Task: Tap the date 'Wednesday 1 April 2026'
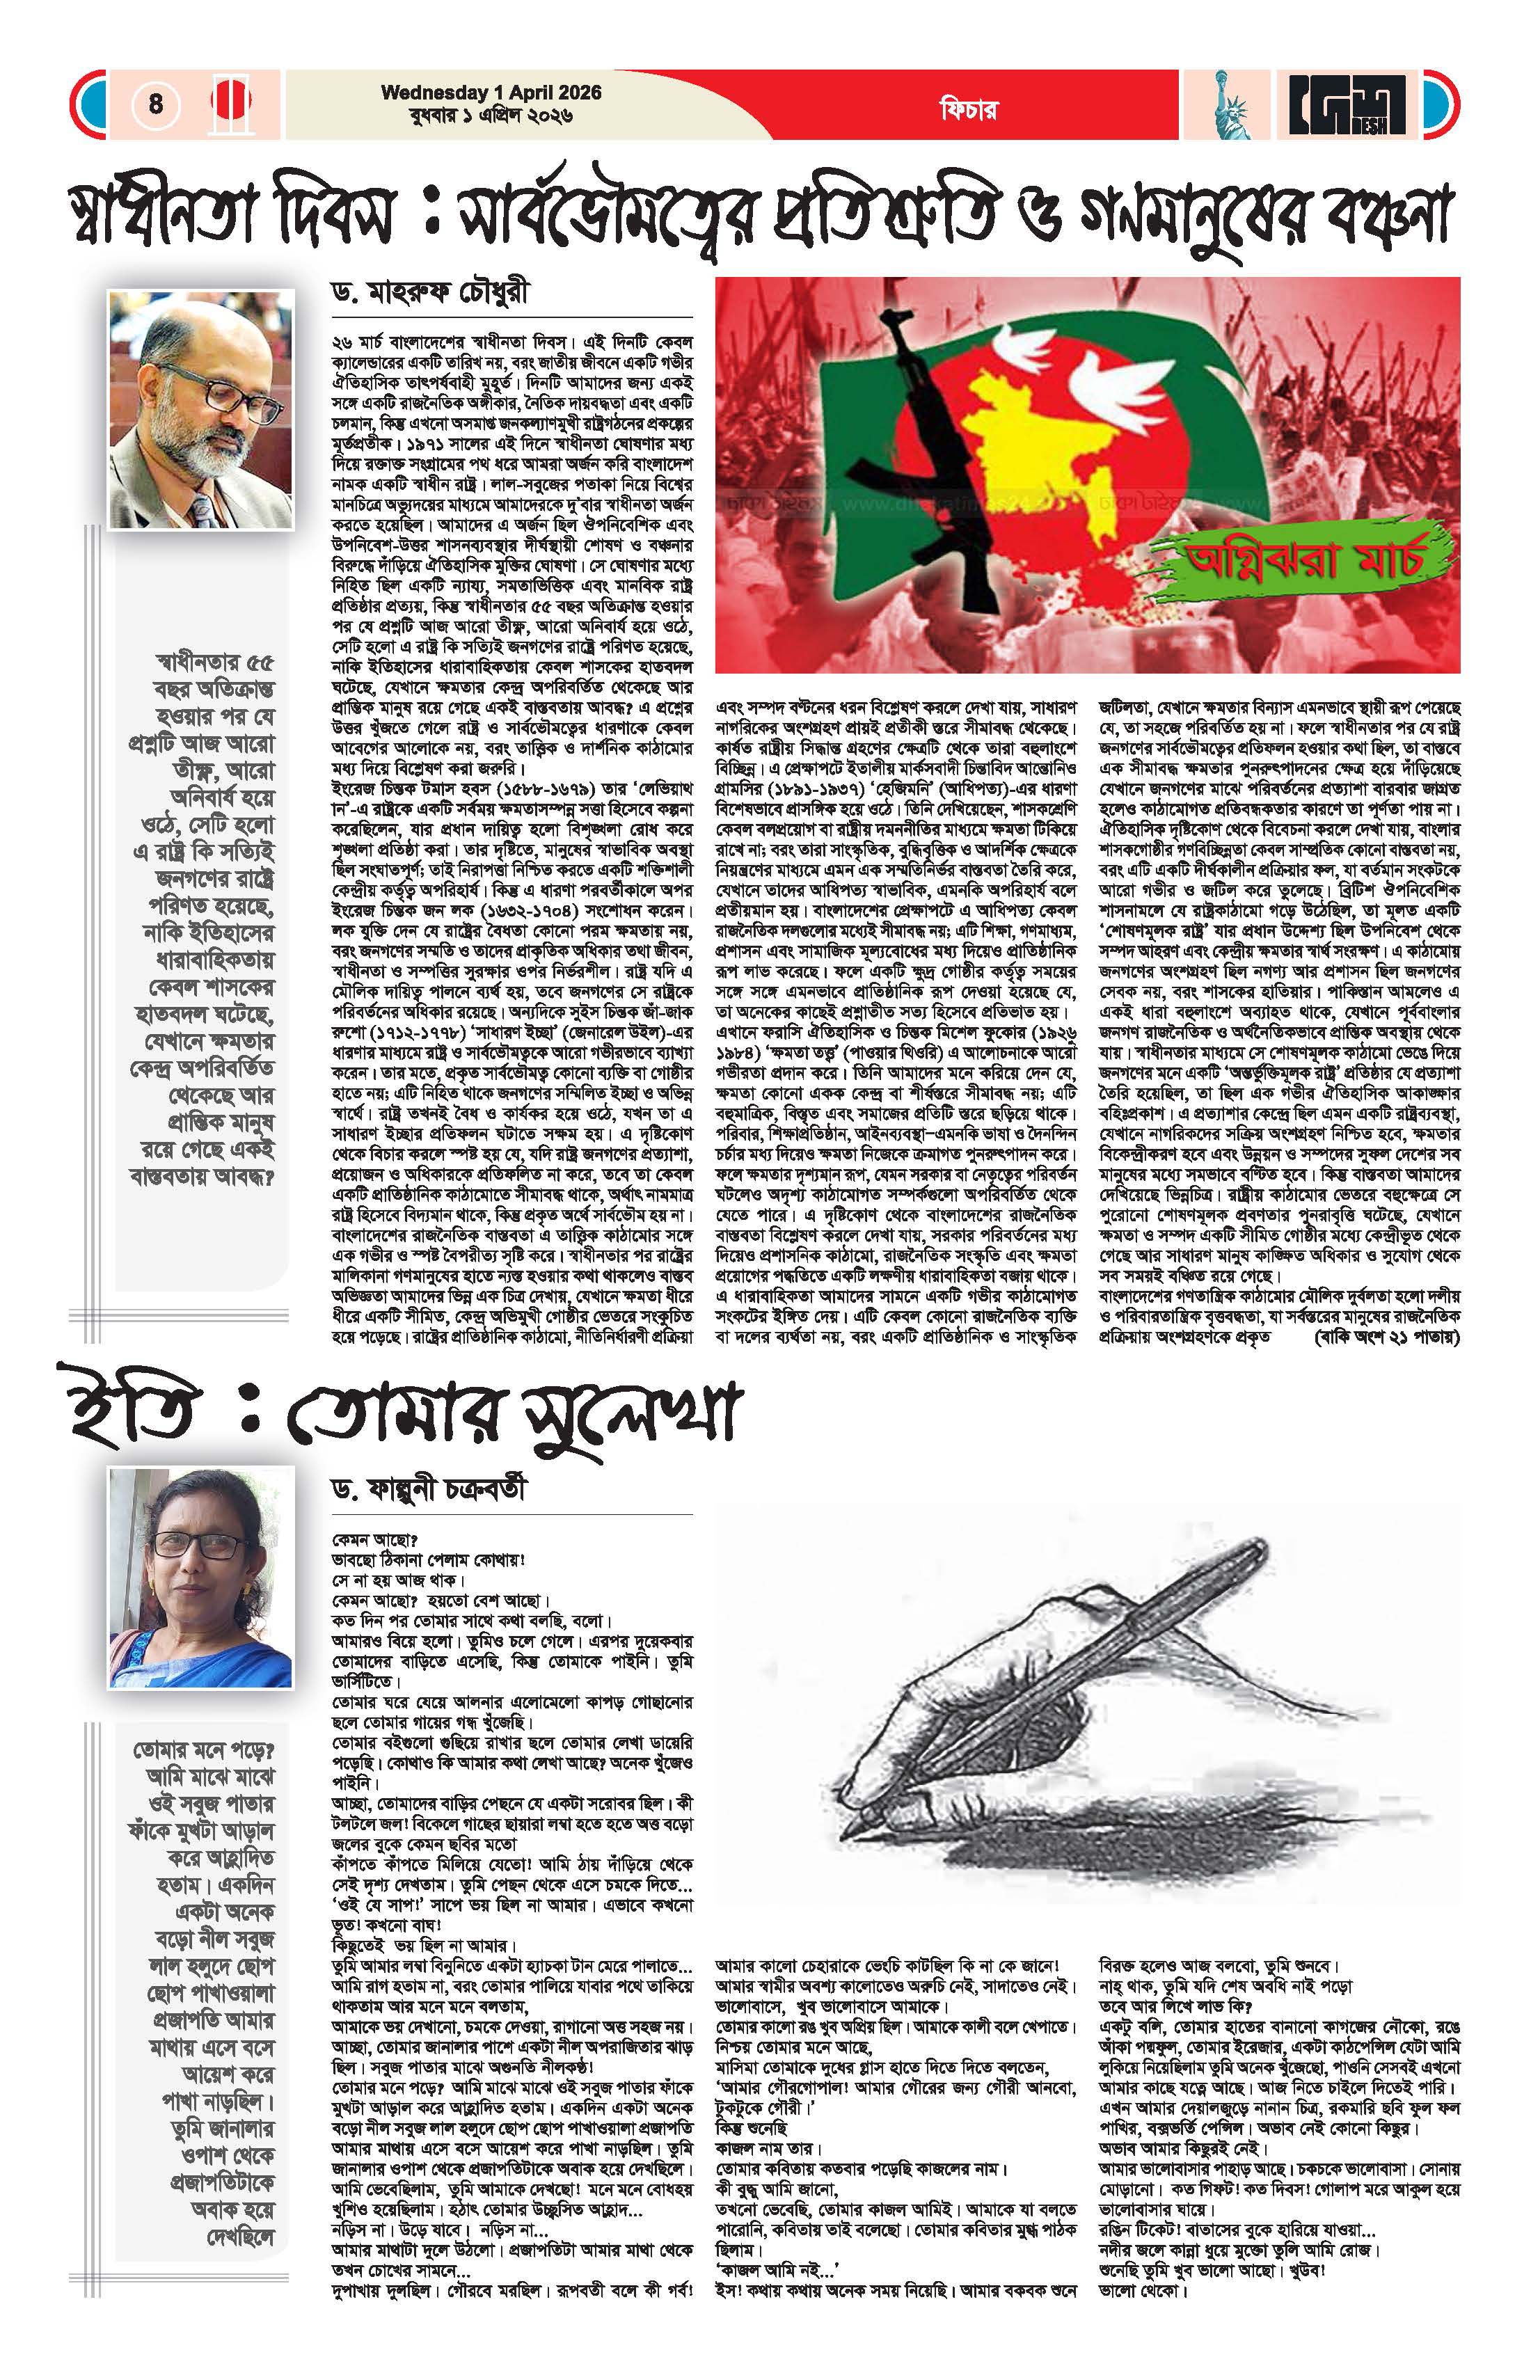491,93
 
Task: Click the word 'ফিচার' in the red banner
967,109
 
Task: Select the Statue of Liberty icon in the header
1232,104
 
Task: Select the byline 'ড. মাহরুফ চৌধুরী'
431,293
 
